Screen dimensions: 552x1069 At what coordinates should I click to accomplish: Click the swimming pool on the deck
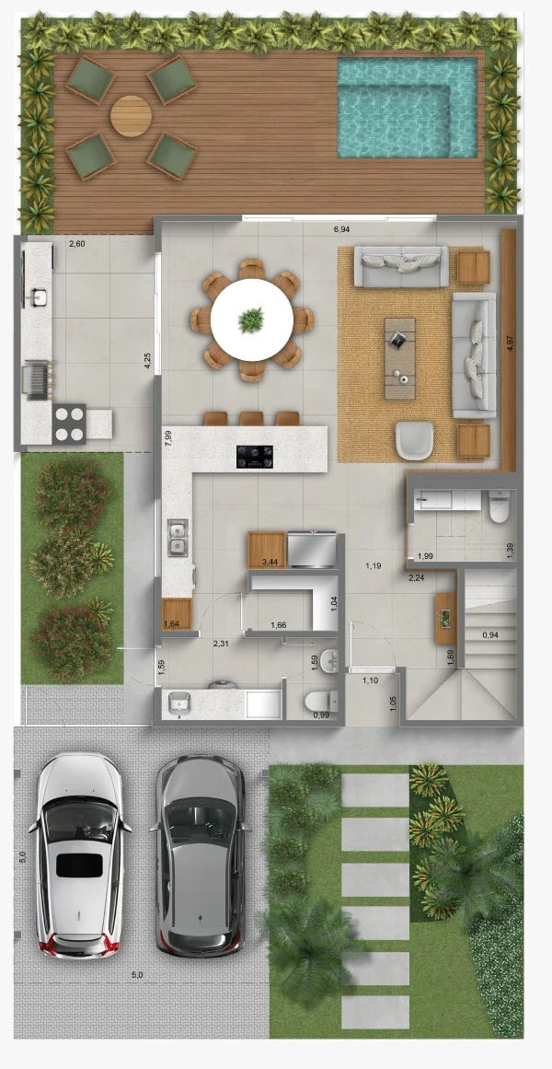click(x=407, y=108)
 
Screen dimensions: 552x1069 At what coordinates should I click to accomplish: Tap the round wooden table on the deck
click(x=131, y=116)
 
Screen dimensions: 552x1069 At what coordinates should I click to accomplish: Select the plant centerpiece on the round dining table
click(x=251, y=320)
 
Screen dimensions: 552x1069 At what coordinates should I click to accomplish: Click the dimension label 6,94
click(x=342, y=230)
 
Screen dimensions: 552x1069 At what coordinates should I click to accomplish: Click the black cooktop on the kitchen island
click(x=255, y=457)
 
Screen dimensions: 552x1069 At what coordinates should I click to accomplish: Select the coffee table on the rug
click(x=399, y=358)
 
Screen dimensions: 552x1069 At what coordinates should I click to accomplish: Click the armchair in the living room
click(x=414, y=440)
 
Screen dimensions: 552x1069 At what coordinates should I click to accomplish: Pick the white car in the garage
click(x=80, y=855)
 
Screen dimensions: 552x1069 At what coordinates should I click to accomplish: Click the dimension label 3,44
click(x=272, y=563)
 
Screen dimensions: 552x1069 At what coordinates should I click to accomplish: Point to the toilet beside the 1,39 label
click(x=499, y=507)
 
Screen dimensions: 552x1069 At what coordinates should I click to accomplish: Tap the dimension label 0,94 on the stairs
click(x=490, y=635)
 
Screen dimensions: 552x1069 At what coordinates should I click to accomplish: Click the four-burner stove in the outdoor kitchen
click(x=69, y=424)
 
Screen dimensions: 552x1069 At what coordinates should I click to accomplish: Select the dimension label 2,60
click(x=79, y=243)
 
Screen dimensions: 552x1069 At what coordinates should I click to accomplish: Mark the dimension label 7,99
click(x=167, y=437)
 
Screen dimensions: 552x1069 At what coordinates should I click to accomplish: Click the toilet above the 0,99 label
click(x=321, y=699)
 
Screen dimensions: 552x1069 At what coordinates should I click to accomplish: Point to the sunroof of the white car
click(x=79, y=866)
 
